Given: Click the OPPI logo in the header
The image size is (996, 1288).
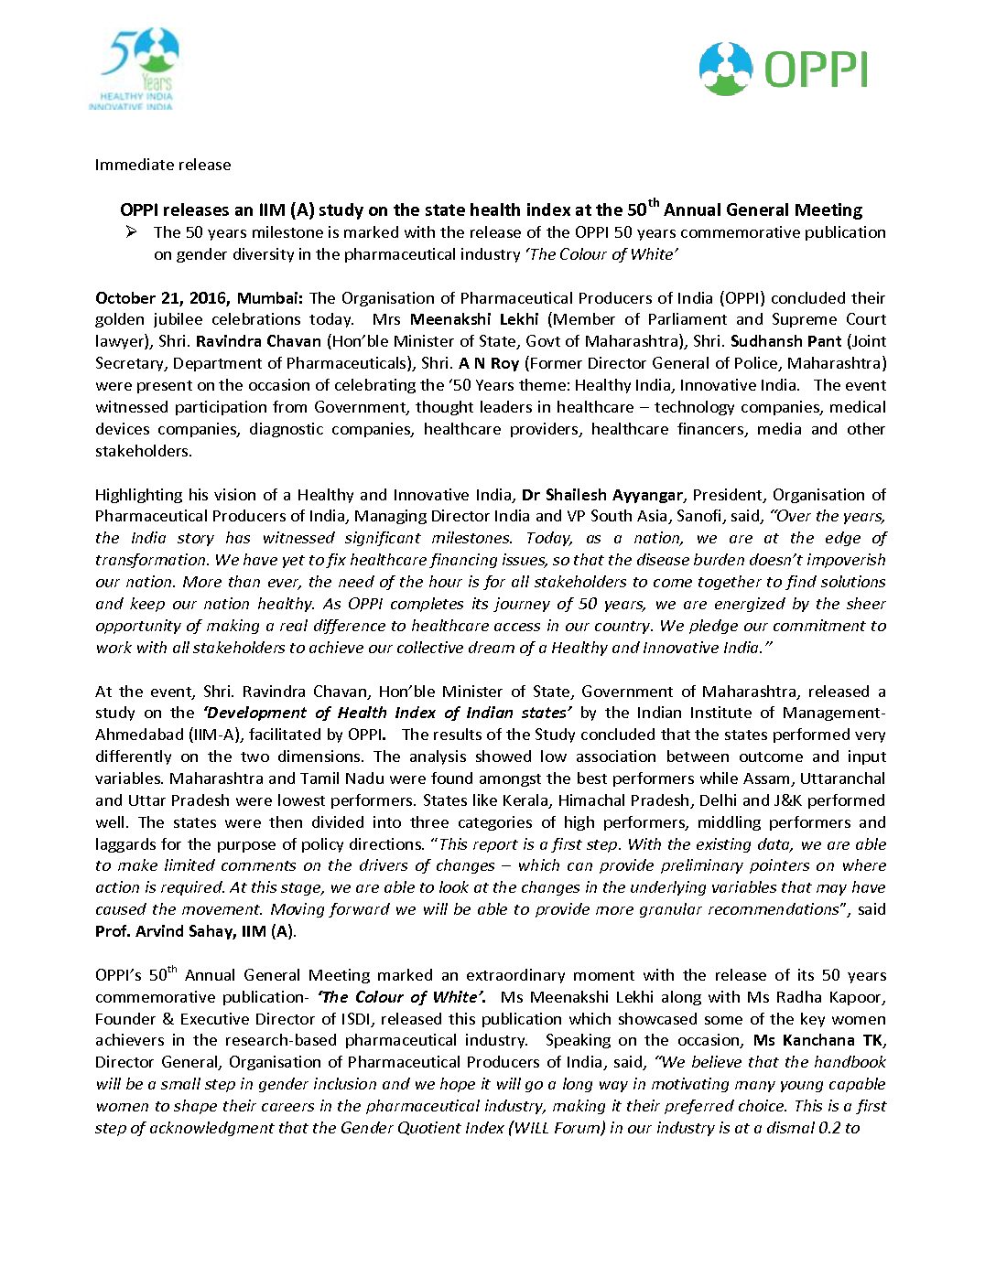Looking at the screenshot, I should coord(784,69).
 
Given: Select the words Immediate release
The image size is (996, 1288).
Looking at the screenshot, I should coord(163,166).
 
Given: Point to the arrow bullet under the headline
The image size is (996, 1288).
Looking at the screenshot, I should coord(131,232).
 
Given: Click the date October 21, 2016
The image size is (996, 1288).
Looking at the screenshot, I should coord(162,298).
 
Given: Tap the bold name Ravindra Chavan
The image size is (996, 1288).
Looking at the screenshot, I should coord(259,342).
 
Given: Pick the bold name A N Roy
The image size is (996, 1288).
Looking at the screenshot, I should coord(489,364).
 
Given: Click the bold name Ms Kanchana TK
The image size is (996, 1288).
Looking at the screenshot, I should coord(818,1041).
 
